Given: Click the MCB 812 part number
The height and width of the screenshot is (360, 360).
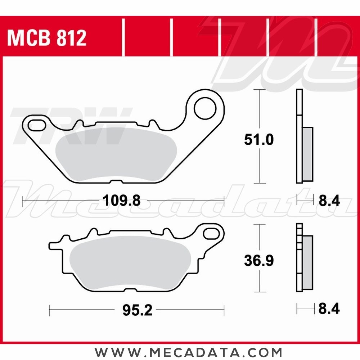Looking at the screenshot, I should pos(47,38).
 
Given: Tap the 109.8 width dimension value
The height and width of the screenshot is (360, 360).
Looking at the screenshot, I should pos(121,201).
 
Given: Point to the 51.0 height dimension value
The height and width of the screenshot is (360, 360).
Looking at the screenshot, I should pos(258,140).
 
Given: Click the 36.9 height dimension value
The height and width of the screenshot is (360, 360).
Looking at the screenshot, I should pos(258,261).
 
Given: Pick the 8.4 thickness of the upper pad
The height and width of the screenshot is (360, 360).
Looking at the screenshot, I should pos(329,201).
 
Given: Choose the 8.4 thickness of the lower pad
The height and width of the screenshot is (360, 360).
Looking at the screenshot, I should pos(329,309).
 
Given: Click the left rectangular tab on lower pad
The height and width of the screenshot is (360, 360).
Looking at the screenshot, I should pos(56,246).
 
